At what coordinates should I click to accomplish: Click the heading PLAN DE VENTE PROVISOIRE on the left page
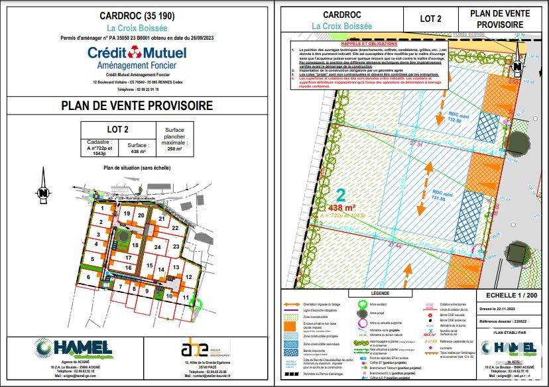pos(137,105)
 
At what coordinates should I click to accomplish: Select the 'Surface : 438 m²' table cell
pos(137,146)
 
